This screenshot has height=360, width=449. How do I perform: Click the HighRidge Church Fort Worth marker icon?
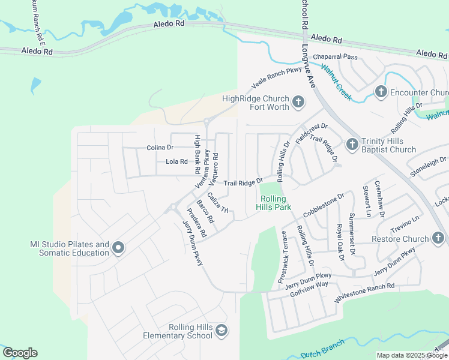298,103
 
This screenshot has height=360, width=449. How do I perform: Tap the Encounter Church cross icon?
380,92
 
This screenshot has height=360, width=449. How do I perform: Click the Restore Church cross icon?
438,239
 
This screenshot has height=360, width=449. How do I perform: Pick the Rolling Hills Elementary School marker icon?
221,331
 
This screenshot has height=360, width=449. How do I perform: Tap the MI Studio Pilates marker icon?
118,248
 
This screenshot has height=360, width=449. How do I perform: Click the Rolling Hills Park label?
274,203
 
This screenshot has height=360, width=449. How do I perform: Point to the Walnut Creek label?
336,82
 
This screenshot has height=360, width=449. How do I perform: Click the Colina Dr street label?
160,148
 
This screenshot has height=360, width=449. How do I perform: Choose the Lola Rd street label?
176,161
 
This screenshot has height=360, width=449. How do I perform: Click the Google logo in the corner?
20,353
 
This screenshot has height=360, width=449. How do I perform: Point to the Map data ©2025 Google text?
411,355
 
